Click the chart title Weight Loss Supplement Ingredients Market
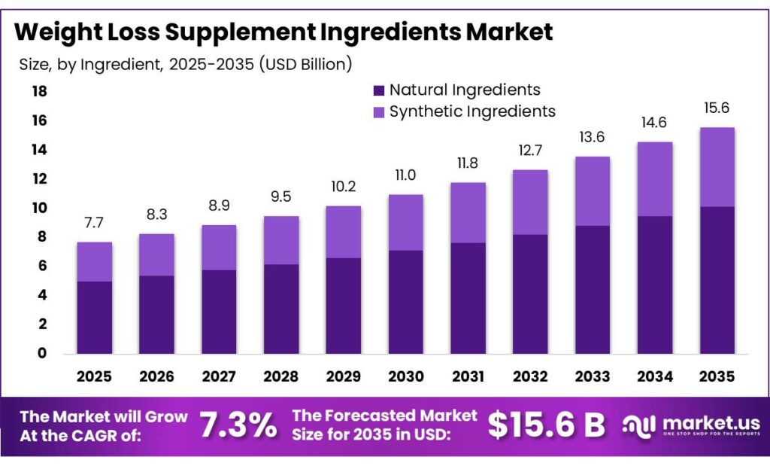[283, 32]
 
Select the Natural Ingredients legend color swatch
[379, 90]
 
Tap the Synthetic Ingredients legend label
[472, 111]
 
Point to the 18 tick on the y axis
[38, 92]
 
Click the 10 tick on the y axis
[38, 208]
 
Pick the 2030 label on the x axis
[405, 376]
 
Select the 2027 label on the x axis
[218, 376]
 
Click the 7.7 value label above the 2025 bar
[94, 224]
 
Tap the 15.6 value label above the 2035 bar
[717, 108]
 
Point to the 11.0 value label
[405, 175]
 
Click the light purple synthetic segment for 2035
[717, 166]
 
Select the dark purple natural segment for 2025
[94, 317]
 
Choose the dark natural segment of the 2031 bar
[468, 297]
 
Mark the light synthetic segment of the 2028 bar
[280, 239]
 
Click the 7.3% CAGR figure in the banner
[238, 425]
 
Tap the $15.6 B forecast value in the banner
[547, 425]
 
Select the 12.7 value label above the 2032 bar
[530, 151]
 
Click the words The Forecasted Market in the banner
[384, 416]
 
